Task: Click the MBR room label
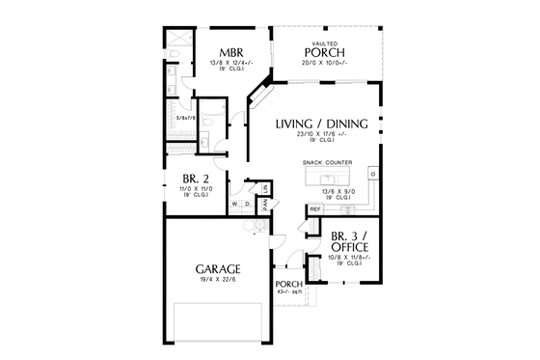pyautogui.click(x=229, y=52)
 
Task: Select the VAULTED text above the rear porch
pyautogui.click(x=324, y=43)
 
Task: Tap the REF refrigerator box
pyautogui.click(x=314, y=208)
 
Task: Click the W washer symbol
pyautogui.click(x=234, y=204)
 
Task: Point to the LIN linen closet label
pyautogui.click(x=262, y=187)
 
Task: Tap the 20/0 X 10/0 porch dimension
pyautogui.click(x=324, y=65)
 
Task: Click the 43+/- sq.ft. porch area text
pyautogui.click(x=289, y=293)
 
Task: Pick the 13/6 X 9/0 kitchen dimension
pyautogui.click(x=324, y=191)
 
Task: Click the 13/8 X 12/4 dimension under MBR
pyautogui.click(x=229, y=64)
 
